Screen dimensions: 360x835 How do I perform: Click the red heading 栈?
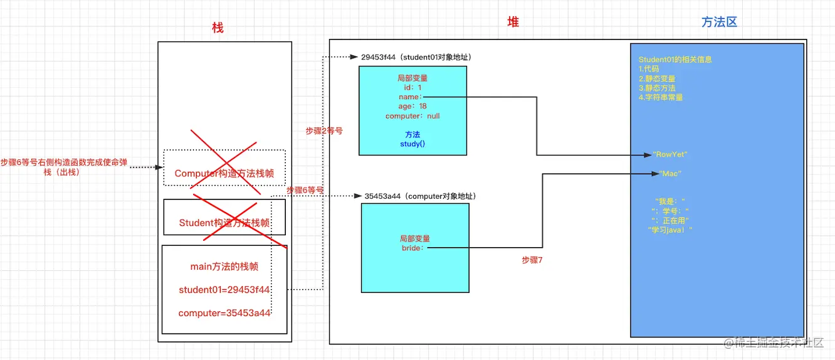tap(218, 28)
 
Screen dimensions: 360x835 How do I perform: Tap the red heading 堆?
tap(513, 22)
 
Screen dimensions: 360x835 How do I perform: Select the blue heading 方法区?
tap(719, 22)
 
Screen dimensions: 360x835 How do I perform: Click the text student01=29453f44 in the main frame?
tap(224, 290)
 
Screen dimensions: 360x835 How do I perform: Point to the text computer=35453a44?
tap(224, 313)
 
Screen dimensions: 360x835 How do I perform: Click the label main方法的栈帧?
tap(224, 267)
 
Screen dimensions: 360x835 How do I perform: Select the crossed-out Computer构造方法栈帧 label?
tap(224, 174)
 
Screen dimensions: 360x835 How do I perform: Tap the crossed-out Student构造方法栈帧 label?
tap(224, 223)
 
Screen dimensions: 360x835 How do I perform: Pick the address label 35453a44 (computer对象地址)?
tap(420, 196)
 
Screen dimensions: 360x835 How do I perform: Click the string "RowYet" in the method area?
tap(670, 154)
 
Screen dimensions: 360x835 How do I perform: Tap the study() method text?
tap(412, 144)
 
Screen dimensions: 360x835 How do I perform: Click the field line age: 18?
tap(412, 107)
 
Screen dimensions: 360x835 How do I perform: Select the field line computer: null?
tap(412, 116)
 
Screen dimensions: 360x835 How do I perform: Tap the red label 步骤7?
tap(532, 260)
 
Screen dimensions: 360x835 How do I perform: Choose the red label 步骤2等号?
tap(324, 130)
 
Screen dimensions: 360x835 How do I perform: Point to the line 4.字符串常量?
tap(660, 97)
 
